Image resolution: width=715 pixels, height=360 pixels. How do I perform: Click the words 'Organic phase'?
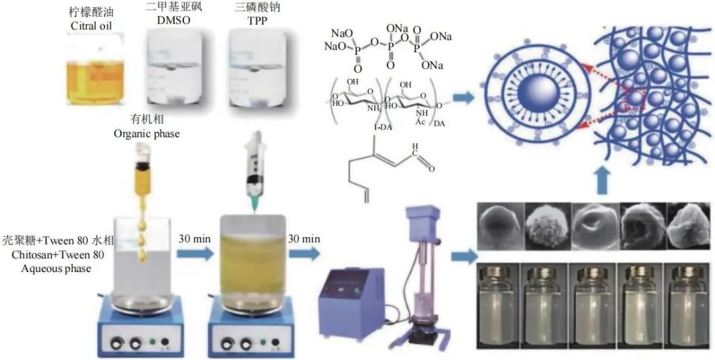point(146,132)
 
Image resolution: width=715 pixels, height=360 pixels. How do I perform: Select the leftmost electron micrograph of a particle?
point(499,226)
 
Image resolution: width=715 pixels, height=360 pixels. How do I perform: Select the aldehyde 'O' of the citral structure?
point(432,169)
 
